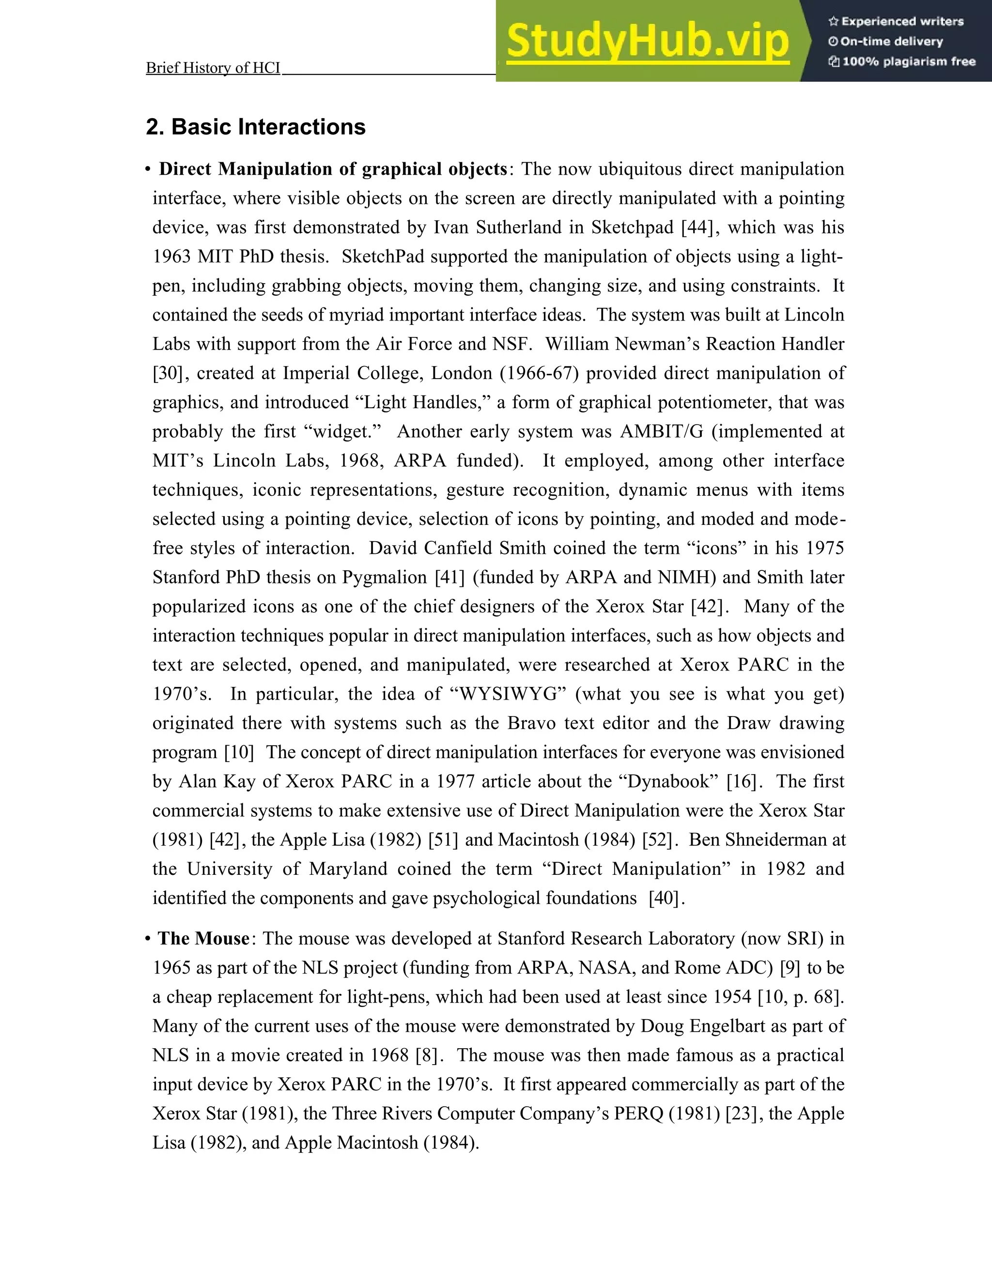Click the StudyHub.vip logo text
click(647, 41)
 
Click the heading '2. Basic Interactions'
click(256, 127)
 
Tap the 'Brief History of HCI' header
click(213, 68)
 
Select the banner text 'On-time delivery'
click(891, 41)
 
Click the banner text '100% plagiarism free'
click(909, 61)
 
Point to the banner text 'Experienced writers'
click(902, 21)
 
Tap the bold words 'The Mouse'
click(203, 938)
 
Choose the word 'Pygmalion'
click(384, 577)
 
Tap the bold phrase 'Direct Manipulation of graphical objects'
click(333, 169)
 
